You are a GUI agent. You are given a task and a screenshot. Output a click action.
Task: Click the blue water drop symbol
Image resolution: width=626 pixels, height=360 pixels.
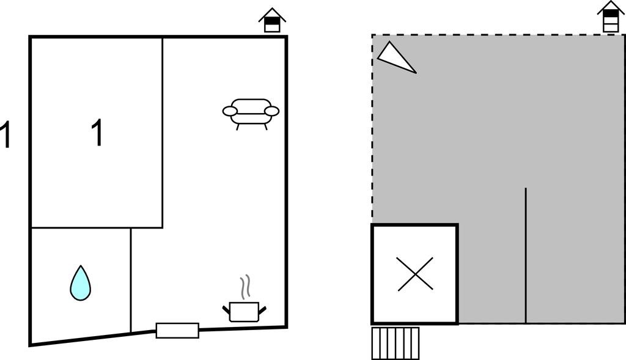click(x=80, y=284)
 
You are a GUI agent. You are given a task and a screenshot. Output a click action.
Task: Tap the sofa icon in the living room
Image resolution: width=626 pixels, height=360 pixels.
click(x=251, y=114)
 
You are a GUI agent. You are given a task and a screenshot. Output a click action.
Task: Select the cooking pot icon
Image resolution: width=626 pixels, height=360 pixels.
click(x=245, y=312)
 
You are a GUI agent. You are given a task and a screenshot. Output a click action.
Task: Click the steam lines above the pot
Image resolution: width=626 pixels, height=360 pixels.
click(x=245, y=287)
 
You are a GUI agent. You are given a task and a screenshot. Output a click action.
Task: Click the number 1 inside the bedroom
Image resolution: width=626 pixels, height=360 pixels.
click(x=97, y=133)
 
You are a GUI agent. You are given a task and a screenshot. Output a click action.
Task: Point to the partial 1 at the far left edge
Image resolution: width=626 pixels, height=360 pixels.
click(x=4, y=135)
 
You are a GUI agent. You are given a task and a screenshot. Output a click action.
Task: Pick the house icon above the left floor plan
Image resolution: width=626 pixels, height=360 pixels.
click(x=272, y=20)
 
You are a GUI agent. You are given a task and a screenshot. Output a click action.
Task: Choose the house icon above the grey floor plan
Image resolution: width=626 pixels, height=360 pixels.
click(x=611, y=17)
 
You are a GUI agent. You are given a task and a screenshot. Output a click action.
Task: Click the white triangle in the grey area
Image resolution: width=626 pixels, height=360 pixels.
click(x=396, y=58)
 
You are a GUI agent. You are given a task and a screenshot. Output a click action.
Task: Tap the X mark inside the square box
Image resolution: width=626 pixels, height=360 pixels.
click(x=415, y=274)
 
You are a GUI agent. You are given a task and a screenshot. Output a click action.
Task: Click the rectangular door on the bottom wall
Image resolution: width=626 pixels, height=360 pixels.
click(x=177, y=331)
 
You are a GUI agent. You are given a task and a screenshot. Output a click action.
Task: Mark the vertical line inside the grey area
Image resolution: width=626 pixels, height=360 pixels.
click(x=525, y=255)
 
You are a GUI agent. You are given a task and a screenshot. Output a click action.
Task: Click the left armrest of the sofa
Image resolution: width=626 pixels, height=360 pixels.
click(x=230, y=111)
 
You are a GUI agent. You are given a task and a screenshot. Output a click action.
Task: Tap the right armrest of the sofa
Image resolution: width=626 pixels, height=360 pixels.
click(x=272, y=111)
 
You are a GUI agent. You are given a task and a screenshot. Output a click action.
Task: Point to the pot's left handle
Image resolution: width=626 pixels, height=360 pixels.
click(x=226, y=309)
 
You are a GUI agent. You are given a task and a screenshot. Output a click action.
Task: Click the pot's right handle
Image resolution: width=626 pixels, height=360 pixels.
click(x=262, y=309)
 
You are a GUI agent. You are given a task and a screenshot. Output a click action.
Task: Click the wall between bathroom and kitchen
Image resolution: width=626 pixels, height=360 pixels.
click(x=131, y=280)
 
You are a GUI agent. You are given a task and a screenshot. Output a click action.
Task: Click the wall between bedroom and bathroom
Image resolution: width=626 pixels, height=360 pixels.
click(x=97, y=228)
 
